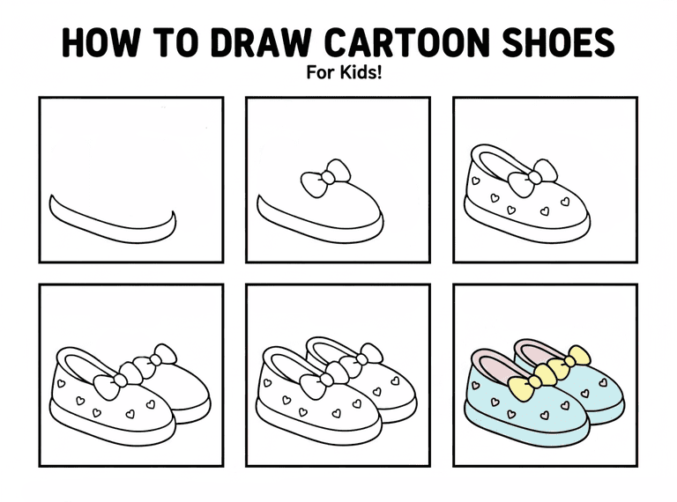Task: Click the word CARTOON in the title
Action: (407, 42)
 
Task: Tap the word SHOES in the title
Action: (559, 42)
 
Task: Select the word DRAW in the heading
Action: (261, 42)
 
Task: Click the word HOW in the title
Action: (101, 42)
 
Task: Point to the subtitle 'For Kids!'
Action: (344, 72)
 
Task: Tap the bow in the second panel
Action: (325, 178)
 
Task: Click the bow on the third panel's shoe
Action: (532, 178)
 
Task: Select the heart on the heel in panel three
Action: (476, 181)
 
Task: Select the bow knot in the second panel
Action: (329, 177)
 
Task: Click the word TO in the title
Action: (176, 42)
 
